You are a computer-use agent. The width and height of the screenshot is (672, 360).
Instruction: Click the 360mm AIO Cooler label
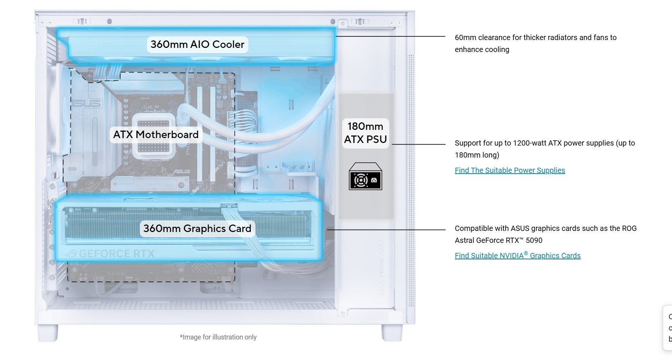pyautogui.click(x=197, y=45)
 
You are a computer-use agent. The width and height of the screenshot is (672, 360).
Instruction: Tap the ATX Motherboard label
pyautogui.click(x=156, y=135)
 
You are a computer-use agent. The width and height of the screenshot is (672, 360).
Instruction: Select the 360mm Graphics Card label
pyautogui.click(x=197, y=229)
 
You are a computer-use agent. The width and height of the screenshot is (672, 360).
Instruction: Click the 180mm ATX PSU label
pyautogui.click(x=365, y=133)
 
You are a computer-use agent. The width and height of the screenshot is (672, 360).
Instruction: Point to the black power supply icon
pyautogui.click(x=365, y=177)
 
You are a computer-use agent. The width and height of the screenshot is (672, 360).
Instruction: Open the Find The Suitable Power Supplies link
pyautogui.click(x=510, y=170)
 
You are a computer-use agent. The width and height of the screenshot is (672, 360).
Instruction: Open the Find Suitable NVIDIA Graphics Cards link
pyautogui.click(x=518, y=256)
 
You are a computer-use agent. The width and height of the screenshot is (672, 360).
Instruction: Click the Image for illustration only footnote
pyautogui.click(x=218, y=337)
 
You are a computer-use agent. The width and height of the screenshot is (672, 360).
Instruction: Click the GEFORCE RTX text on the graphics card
pyautogui.click(x=117, y=254)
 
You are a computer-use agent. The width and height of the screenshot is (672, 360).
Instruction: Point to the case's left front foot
pyautogui.click(x=48, y=333)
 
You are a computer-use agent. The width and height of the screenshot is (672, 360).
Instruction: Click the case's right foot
pyautogui.click(x=392, y=333)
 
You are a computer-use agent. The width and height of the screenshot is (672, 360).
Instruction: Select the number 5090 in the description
pyautogui.click(x=534, y=240)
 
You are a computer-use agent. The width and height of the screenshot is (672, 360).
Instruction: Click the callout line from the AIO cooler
pyautogui.click(x=391, y=36)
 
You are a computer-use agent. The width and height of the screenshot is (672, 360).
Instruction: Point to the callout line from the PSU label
pyautogui.click(x=419, y=144)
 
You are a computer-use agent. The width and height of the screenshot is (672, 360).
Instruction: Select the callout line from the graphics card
pyautogui.click(x=387, y=230)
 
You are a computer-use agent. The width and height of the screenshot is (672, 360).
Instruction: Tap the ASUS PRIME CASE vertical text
pyautogui.click(x=382, y=267)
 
